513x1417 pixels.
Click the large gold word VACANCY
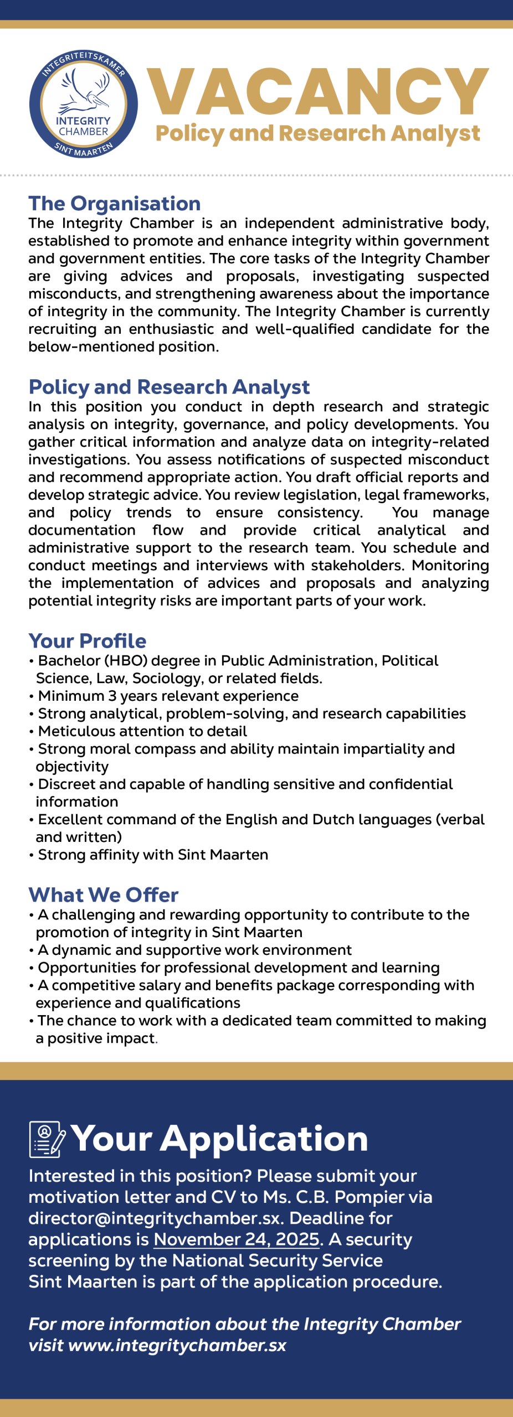[x=317, y=92]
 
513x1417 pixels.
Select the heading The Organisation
[x=115, y=203]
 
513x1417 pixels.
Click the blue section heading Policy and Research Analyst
[x=169, y=386]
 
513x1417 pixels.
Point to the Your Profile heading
[x=88, y=640]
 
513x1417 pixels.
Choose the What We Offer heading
[x=104, y=894]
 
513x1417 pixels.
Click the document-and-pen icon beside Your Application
[x=47, y=1139]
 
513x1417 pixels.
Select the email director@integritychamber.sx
[x=157, y=1218]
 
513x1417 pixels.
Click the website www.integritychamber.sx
[x=177, y=1345]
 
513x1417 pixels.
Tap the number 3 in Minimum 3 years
[x=112, y=696]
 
